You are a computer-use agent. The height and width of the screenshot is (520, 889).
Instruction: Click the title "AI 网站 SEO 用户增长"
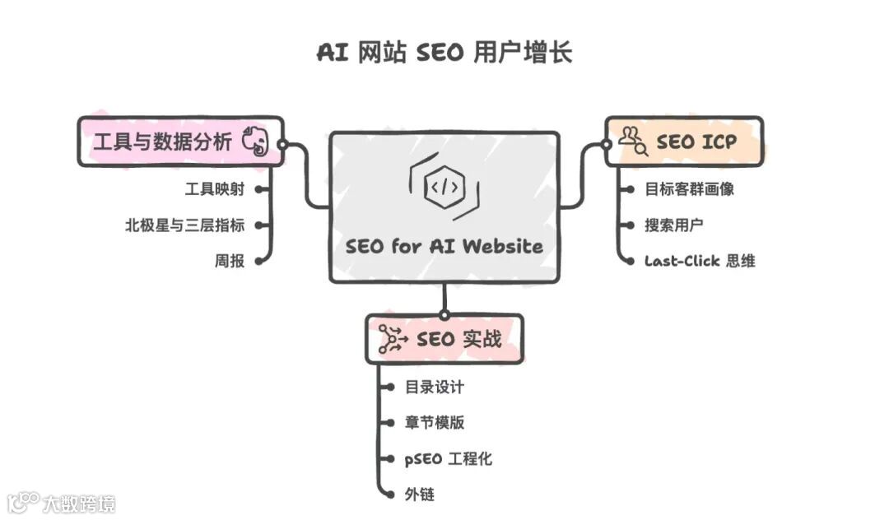point(444,53)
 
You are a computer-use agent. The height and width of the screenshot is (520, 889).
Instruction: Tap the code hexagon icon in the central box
point(444,188)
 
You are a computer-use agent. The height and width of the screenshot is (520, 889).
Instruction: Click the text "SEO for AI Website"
point(444,246)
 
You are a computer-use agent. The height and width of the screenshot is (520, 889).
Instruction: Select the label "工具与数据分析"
point(162,142)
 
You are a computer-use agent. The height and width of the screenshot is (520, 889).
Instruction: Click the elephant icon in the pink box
point(256,143)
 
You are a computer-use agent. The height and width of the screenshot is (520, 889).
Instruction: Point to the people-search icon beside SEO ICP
point(633,141)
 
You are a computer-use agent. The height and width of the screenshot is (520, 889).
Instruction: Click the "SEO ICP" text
point(696,142)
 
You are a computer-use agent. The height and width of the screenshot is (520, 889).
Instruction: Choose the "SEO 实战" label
point(458,339)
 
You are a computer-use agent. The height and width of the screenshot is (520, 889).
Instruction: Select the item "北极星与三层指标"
point(184,225)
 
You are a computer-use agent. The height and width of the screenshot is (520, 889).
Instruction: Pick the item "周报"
point(229,262)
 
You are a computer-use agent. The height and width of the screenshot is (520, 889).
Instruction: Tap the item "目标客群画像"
point(689,189)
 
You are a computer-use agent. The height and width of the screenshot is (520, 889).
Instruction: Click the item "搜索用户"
point(673,225)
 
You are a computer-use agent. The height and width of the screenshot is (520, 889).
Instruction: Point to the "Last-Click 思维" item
point(700,262)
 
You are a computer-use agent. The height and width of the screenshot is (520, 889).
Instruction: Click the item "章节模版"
point(435,423)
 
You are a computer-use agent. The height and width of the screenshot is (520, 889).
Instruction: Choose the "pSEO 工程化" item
point(448,459)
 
